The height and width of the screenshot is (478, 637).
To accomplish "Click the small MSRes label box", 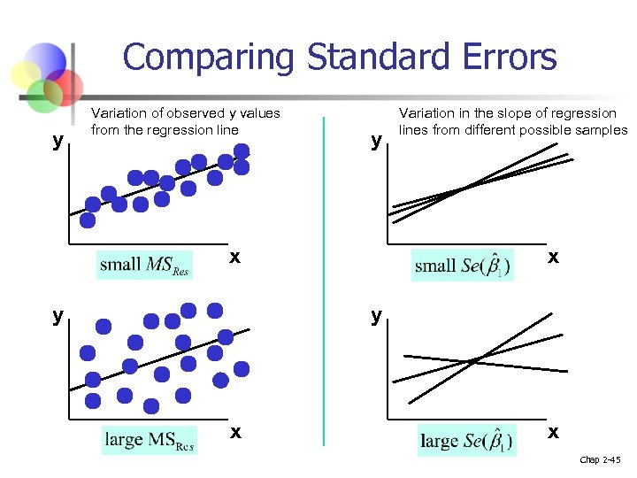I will click(144, 265).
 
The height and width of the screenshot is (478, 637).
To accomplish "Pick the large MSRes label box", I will click(150, 439).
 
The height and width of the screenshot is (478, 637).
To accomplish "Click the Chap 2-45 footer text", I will click(600, 460).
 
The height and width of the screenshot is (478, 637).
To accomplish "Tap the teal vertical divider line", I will click(324, 283).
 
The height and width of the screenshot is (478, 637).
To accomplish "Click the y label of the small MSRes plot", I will click(58, 141).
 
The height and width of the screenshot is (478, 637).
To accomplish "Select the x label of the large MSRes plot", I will click(234, 432).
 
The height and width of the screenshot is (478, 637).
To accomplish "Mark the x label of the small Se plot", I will click(552, 257).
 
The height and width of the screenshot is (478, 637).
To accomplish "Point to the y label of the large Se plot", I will click(377, 315).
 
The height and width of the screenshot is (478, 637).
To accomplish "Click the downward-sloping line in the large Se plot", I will click(531, 366).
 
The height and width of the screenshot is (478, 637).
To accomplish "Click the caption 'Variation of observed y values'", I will click(186, 113).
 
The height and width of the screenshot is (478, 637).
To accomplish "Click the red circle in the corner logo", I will click(65, 86).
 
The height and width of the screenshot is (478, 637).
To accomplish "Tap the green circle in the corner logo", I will click(42, 97).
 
